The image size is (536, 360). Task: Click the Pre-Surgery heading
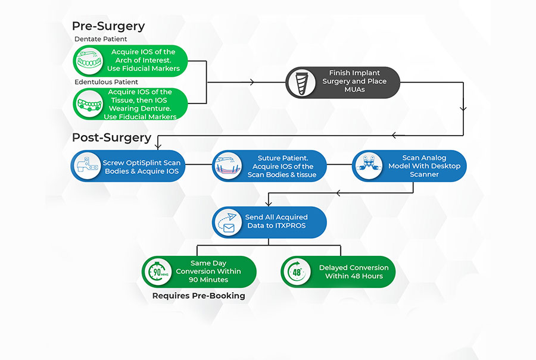(x=108, y=26)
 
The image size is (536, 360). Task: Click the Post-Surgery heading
(x=111, y=137)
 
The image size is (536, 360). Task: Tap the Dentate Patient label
(x=102, y=39)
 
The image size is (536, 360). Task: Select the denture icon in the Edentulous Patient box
(x=90, y=104)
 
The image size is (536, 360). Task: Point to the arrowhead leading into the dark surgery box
(x=253, y=82)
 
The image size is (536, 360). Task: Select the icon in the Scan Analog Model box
(x=369, y=166)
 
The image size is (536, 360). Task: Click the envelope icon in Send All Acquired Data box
(x=229, y=222)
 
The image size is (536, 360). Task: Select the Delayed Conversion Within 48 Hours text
(x=353, y=272)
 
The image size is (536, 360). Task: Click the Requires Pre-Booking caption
(x=198, y=295)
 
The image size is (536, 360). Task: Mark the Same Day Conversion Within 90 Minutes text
(x=208, y=271)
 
